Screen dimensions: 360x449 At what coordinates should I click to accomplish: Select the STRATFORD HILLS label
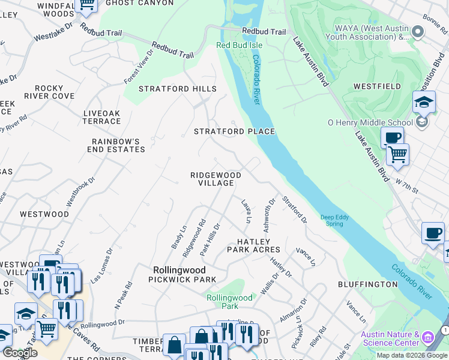point(178,89)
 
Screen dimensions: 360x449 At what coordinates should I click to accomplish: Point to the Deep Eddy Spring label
point(331,220)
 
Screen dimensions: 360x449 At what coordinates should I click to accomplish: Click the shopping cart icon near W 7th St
point(397,155)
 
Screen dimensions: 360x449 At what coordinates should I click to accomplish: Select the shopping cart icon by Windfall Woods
point(88,5)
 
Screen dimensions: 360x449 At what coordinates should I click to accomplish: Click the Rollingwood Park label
point(229,302)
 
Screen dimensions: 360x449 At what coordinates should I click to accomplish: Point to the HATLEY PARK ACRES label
point(253,245)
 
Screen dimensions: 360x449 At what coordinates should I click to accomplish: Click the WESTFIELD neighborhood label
point(377,86)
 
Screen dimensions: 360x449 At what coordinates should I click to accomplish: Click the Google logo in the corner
point(20,353)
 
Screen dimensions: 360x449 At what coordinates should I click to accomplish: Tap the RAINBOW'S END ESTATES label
point(118,145)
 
